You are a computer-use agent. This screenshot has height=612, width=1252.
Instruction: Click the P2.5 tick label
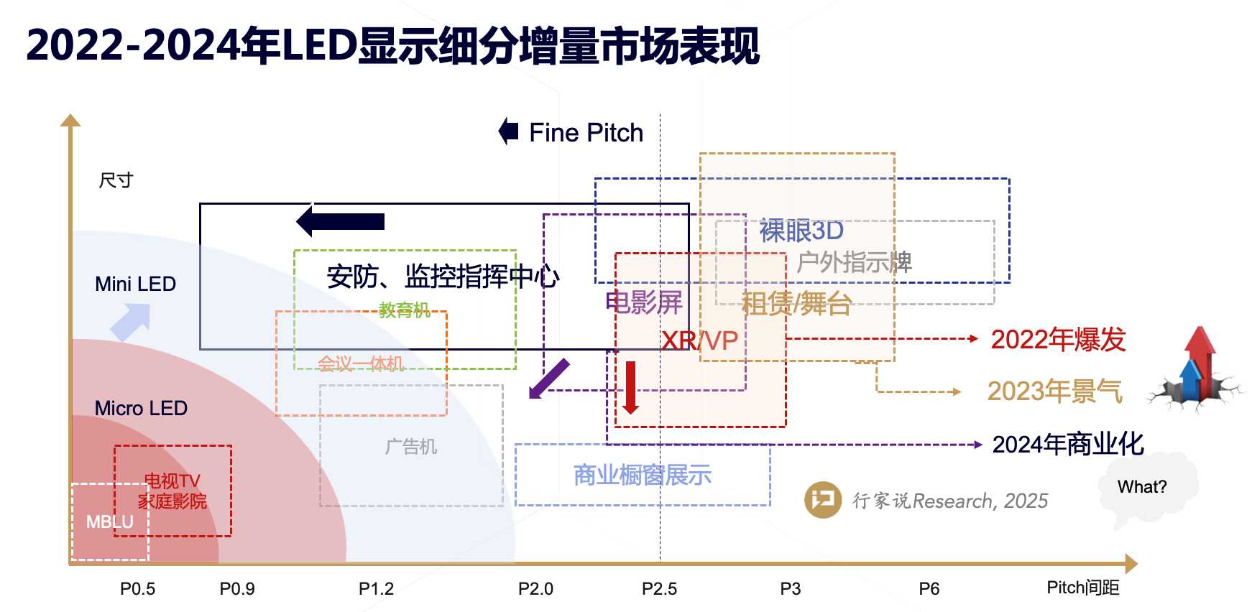[659, 589]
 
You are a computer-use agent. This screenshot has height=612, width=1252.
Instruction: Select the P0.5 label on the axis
[137, 589]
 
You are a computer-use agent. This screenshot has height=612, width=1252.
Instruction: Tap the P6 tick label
[929, 589]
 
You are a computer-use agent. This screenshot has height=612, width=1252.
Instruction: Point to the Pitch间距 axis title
[1082, 588]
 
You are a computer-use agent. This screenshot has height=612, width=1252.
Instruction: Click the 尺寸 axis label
[116, 180]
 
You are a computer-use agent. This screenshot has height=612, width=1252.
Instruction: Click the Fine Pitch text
[586, 133]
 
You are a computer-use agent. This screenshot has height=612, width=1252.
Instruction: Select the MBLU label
[110, 522]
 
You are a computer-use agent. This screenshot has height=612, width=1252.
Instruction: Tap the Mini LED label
[135, 284]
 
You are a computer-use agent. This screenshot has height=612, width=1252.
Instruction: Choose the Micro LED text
[141, 408]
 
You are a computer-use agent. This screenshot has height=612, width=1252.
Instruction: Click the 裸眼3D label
[801, 231]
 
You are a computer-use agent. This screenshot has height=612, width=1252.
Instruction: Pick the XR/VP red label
[699, 340]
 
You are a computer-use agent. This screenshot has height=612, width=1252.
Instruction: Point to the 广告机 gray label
[410, 447]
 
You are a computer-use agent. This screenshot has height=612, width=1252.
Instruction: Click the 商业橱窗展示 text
[642, 475]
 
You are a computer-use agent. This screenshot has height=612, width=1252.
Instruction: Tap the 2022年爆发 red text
[1058, 340]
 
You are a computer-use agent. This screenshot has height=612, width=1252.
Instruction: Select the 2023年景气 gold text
[1054, 391]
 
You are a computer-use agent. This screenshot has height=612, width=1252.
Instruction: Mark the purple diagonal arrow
[548, 379]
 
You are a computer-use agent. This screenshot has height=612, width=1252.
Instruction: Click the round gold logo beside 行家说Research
[823, 500]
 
